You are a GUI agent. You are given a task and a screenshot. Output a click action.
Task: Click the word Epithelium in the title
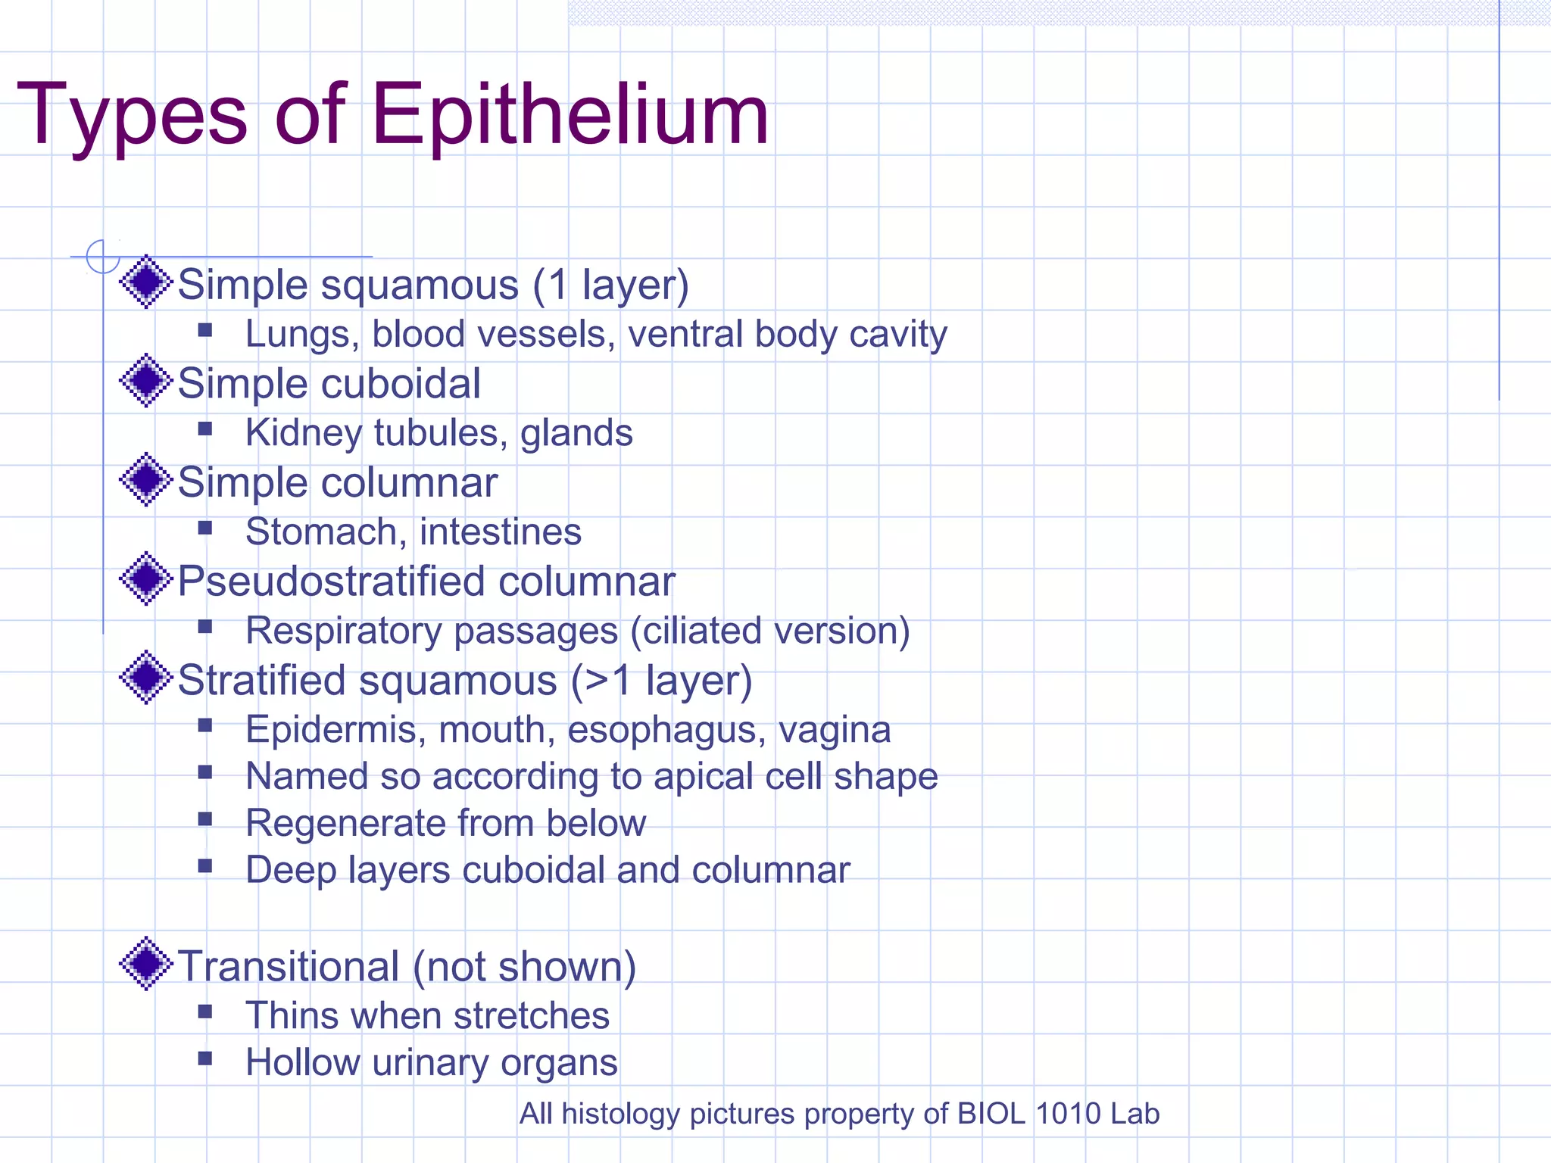click(x=570, y=115)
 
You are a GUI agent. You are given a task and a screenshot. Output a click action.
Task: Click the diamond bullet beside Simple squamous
click(x=146, y=282)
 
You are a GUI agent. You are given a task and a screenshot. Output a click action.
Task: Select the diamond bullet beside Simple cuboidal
click(x=146, y=380)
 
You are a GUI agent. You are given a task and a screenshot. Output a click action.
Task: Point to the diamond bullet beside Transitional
click(x=146, y=963)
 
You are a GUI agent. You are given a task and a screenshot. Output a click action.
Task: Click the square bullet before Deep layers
click(x=204, y=865)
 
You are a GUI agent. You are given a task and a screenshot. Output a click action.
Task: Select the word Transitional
click(x=289, y=967)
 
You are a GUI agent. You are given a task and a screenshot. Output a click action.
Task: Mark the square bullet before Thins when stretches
click(x=204, y=1012)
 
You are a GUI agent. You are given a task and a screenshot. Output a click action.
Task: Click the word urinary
click(x=429, y=1063)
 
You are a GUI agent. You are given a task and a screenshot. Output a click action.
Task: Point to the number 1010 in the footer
click(x=1068, y=1113)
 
